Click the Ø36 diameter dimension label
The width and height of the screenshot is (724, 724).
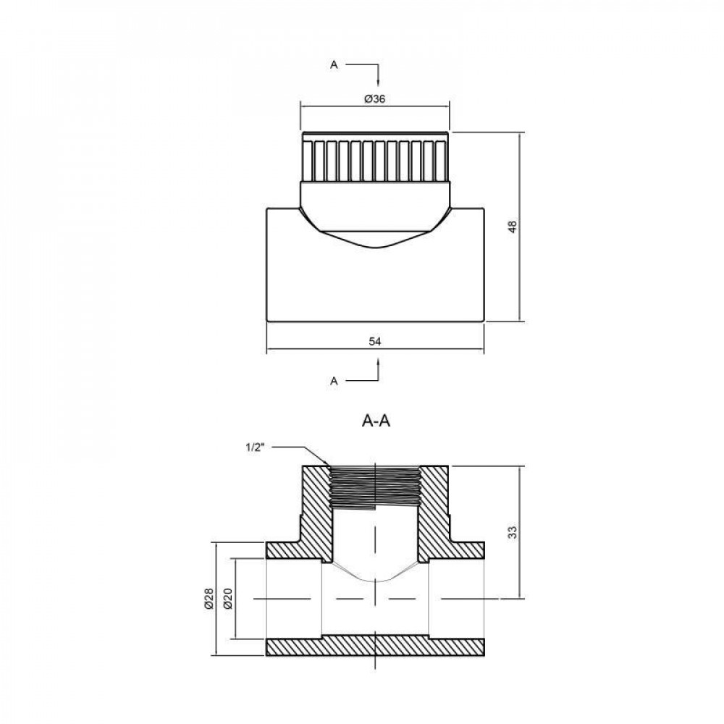pyautogui.click(x=374, y=99)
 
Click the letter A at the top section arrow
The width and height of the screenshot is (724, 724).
pyautogui.click(x=334, y=65)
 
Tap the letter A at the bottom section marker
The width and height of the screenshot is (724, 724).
pyautogui.click(x=334, y=380)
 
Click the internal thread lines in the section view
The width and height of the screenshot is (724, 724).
pyautogui.click(x=374, y=486)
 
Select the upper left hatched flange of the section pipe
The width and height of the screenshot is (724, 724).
pyautogui.click(x=290, y=550)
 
